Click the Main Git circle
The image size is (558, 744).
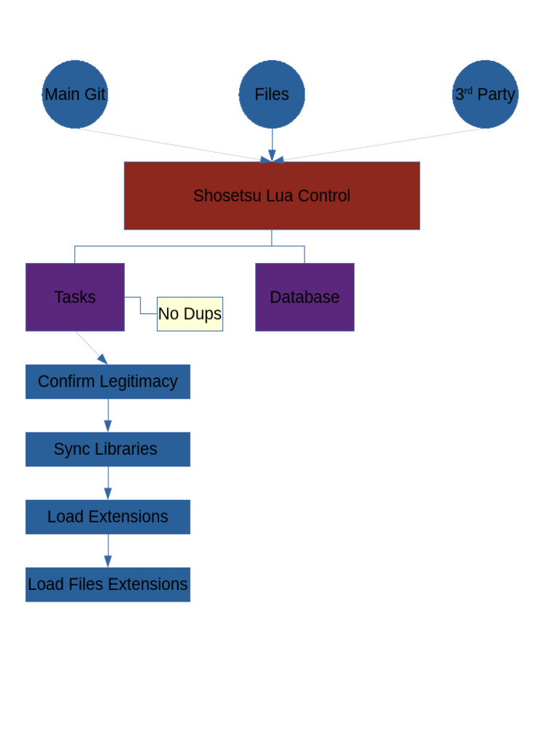click(x=75, y=94)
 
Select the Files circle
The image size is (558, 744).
click(x=272, y=94)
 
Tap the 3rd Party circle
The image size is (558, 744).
click(x=485, y=94)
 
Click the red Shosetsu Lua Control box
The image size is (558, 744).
click(x=272, y=195)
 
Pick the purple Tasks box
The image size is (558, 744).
click(x=75, y=297)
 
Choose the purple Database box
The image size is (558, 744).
click(x=304, y=297)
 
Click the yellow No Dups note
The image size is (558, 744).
click(x=190, y=314)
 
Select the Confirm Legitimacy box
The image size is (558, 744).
click(x=108, y=381)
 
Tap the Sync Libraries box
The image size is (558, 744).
click(x=108, y=449)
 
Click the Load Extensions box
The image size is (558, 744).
click(x=108, y=517)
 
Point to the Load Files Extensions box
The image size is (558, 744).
click(x=108, y=584)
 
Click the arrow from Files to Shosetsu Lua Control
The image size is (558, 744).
click(x=272, y=145)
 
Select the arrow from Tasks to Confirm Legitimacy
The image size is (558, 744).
click(x=92, y=348)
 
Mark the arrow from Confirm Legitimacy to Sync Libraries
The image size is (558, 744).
click(x=108, y=416)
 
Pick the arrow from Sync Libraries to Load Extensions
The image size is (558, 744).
click(x=108, y=483)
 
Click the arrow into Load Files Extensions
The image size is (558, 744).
click(x=108, y=551)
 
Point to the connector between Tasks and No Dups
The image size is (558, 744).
click(x=141, y=305)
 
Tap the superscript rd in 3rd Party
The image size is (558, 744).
click(x=469, y=90)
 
